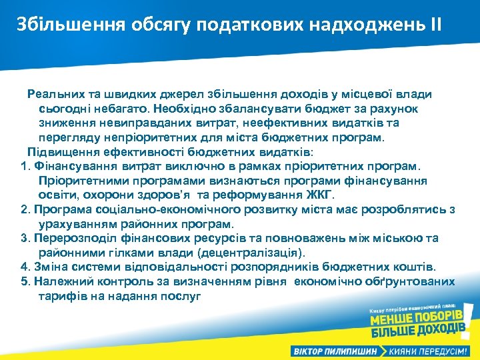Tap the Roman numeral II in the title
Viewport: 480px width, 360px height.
435,26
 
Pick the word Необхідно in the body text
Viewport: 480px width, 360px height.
180,109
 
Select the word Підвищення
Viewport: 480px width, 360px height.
59,151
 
